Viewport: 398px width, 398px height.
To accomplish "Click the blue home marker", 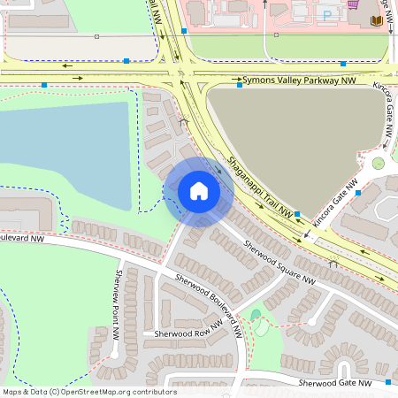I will point(198,191).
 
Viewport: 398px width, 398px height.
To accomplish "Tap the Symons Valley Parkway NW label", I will point(300,80).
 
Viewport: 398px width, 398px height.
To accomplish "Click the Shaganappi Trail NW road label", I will point(259,187).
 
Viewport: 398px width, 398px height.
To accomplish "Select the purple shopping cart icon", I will point(354,4).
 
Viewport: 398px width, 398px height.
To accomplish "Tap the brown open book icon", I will point(378,19).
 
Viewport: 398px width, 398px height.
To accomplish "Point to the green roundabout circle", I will point(379,163).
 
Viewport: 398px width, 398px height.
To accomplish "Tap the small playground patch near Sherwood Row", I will point(256,315).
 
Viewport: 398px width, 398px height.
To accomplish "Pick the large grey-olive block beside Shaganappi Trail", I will point(292,133).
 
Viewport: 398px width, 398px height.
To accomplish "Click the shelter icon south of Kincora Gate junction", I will point(333,263).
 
